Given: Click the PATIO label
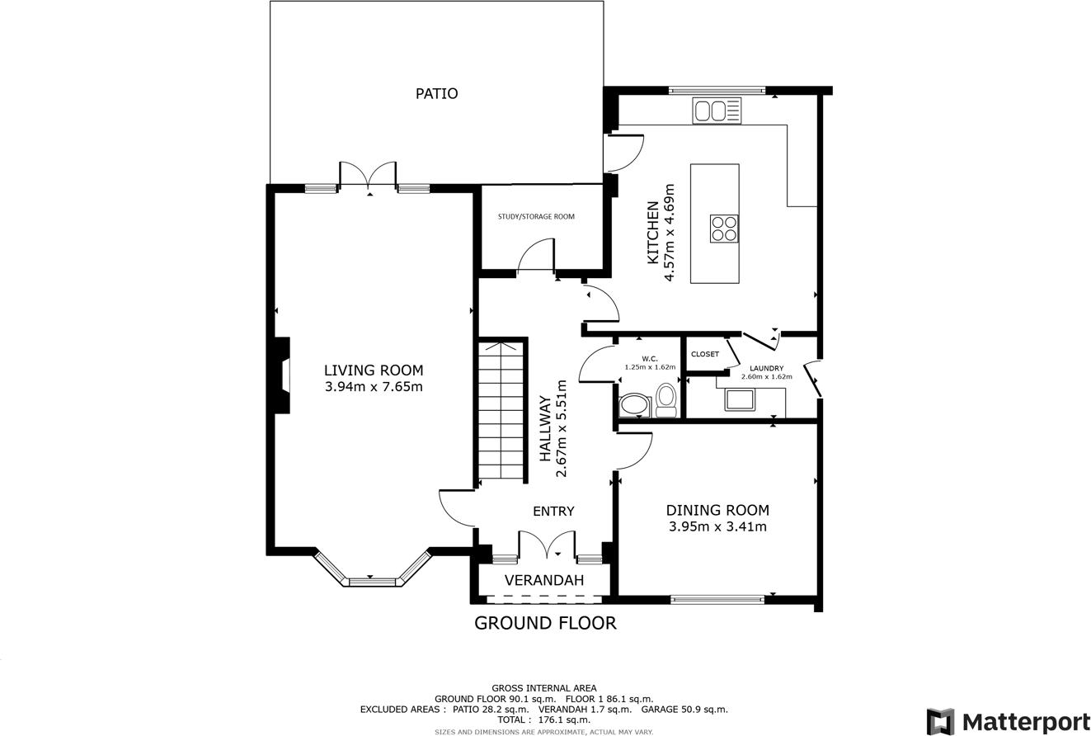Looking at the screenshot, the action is (436, 93).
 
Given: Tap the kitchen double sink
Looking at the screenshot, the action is (717, 111).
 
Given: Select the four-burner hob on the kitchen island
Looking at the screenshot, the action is (724, 229).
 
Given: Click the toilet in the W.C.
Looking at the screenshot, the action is (665, 400).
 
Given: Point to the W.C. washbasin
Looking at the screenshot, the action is (635, 406).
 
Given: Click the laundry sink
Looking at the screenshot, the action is (740, 399).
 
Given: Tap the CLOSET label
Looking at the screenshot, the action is (705, 354).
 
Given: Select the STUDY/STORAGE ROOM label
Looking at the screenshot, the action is (536, 216).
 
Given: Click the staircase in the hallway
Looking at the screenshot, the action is (501, 410).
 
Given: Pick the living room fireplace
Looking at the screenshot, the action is (283, 375).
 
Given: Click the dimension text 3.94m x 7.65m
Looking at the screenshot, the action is (374, 387).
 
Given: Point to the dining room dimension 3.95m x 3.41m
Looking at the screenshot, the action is (717, 527).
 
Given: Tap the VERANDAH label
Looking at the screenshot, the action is (544, 580).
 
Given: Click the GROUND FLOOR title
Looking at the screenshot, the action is (546, 623).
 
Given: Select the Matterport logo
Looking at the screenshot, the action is (1008, 720).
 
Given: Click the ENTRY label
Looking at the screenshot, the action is (553, 511).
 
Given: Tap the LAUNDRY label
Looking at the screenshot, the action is (767, 369).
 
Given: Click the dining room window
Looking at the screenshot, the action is (717, 600).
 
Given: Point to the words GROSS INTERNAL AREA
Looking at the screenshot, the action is (544, 688).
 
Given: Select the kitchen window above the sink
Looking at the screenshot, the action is (717, 90).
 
